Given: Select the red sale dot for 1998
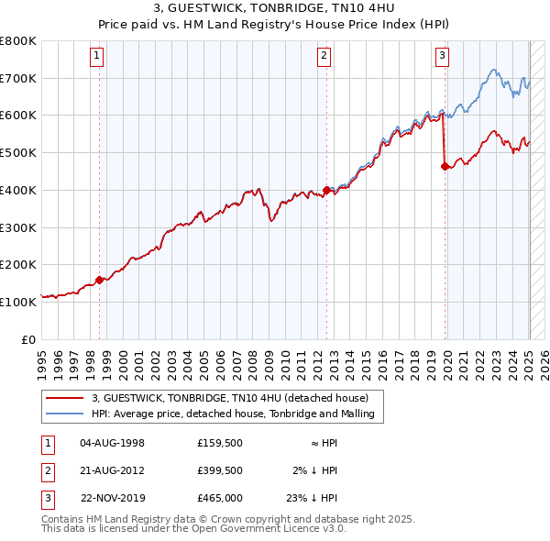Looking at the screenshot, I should click(99, 281).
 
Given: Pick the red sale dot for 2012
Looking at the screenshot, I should click(326, 193).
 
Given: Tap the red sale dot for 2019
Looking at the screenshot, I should click(445, 167).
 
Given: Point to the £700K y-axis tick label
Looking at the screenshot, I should click(18, 78).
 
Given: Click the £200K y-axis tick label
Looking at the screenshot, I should click(18, 264).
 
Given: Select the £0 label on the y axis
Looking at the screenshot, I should click(29, 338).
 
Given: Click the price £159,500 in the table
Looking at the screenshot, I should click(220, 442).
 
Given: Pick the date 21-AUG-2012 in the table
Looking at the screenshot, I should click(113, 470).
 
